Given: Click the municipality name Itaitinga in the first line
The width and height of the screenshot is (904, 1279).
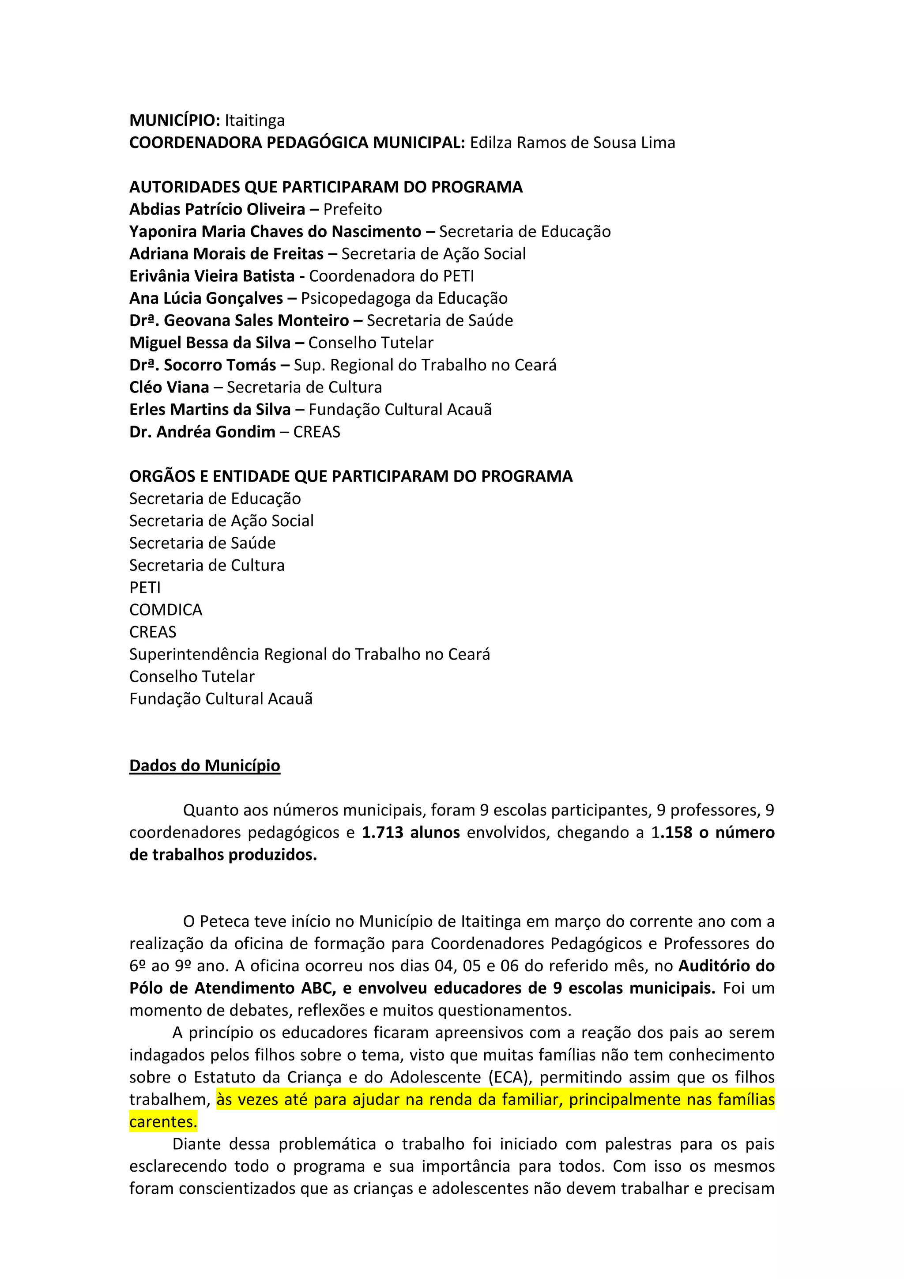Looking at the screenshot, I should [x=255, y=121].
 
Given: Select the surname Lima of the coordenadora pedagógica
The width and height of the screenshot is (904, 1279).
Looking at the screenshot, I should [x=659, y=143].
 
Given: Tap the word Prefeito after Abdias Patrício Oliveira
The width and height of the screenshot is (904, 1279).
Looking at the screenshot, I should [x=353, y=209].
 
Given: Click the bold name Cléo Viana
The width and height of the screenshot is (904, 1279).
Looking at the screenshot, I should [x=169, y=387].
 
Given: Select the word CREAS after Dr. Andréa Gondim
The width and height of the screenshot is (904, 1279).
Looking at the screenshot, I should [x=316, y=432].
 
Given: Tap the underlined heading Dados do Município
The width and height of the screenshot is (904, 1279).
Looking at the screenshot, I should [x=204, y=766].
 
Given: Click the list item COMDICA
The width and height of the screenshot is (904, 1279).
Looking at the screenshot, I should [x=166, y=610].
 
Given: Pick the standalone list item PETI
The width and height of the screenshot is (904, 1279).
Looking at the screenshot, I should [x=145, y=588].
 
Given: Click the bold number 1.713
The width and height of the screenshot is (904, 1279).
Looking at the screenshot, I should [x=382, y=833].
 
